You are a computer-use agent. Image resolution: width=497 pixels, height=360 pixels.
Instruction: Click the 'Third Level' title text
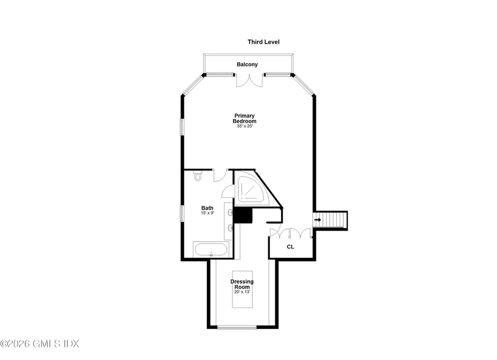[x=263, y=42]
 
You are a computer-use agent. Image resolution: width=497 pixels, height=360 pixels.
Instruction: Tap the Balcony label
[x=247, y=64]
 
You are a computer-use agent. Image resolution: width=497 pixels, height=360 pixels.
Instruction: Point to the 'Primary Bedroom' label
[x=244, y=118]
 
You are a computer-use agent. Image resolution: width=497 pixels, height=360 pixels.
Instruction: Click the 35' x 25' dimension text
[x=244, y=126]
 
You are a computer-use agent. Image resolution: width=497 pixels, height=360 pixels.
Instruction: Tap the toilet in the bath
[x=198, y=175]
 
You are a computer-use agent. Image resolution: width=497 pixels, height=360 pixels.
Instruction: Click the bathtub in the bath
[x=211, y=249]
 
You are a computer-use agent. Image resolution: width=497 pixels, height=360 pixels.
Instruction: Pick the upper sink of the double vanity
[x=230, y=213]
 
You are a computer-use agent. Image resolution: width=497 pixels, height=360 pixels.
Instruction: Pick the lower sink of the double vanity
[x=230, y=229]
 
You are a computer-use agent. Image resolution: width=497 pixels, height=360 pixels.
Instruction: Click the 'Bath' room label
[x=207, y=208]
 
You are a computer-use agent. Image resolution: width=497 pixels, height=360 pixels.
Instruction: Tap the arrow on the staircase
[x=318, y=220]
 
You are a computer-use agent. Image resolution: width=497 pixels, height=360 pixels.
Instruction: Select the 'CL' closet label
[x=290, y=247]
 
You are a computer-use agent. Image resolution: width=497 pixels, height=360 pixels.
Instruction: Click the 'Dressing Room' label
[x=242, y=284]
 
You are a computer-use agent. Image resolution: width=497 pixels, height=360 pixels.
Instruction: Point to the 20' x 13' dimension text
[x=242, y=292]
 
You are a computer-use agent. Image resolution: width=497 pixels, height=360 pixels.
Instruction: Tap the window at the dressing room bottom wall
[x=237, y=327]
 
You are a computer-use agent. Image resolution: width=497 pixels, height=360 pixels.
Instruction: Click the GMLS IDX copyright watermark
[x=40, y=343]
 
